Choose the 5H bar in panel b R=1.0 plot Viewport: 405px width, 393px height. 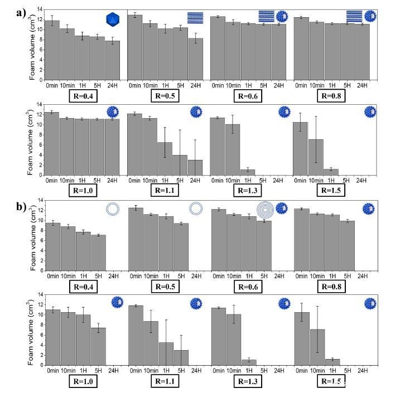click(97, 346)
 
